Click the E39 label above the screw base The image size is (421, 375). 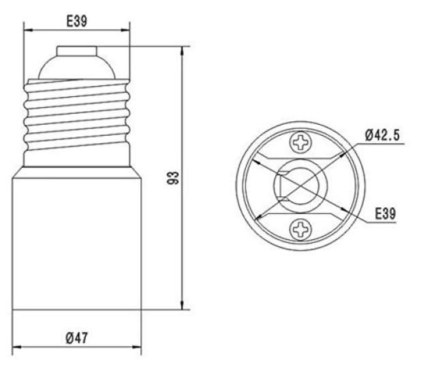click(77, 21)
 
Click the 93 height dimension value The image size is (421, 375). click(172, 178)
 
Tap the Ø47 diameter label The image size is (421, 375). click(77, 338)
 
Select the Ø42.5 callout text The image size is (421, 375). click(382, 135)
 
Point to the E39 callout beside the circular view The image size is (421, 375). click(386, 213)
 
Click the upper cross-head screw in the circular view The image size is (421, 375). click(301, 142)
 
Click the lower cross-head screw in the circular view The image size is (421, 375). click(301, 229)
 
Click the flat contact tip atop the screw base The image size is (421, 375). click(77, 51)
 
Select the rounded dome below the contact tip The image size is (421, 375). click(77, 67)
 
